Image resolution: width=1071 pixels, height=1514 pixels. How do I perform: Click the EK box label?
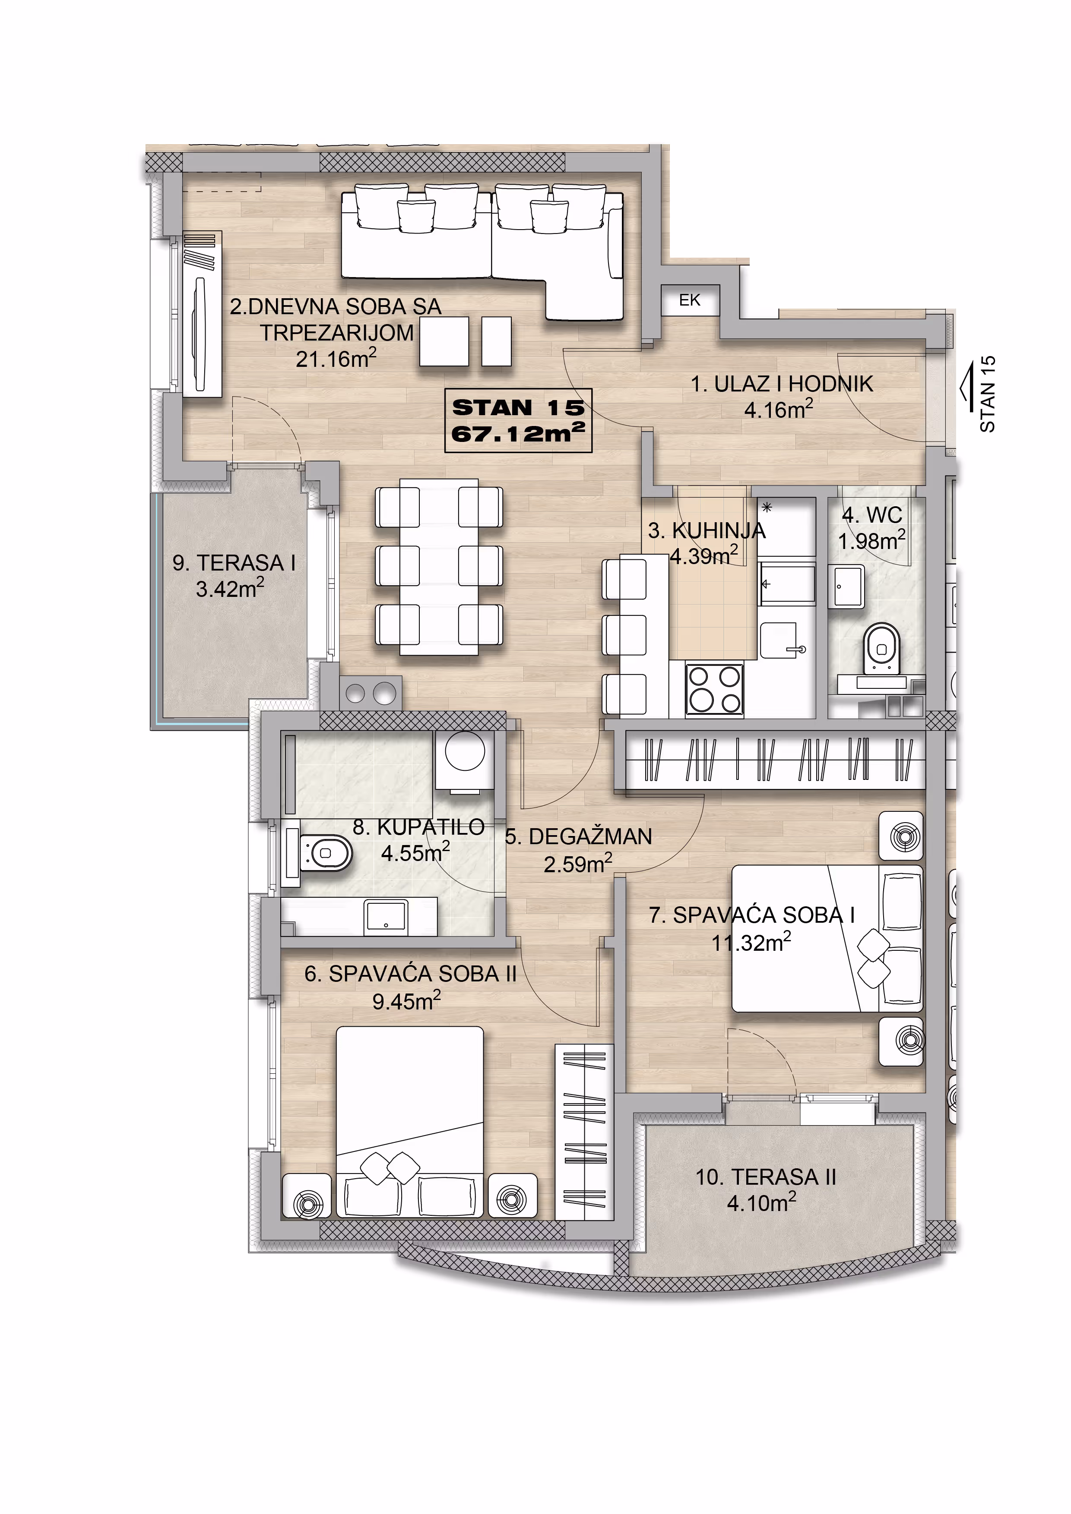coord(690,301)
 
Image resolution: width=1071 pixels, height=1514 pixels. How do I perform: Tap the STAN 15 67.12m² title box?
coord(518,421)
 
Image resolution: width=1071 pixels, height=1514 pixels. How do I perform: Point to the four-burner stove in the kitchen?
coord(715,689)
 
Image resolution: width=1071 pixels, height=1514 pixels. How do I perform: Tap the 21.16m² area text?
coord(336,359)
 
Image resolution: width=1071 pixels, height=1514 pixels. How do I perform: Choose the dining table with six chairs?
coord(439,567)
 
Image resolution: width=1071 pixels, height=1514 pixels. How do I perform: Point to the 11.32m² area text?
coord(751,942)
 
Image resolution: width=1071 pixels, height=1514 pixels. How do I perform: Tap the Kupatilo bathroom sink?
coord(386,916)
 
